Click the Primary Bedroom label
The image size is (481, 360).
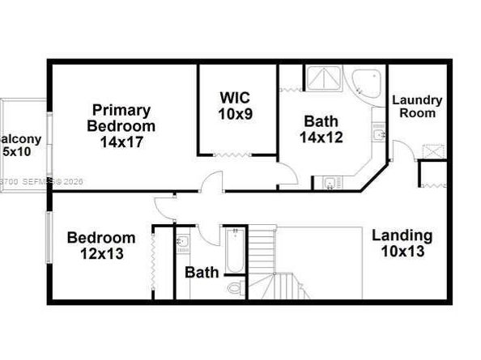click(x=121, y=126)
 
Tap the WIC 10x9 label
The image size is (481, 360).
click(x=236, y=106)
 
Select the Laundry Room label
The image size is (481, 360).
click(x=417, y=106)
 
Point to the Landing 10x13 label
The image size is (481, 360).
click(x=402, y=243)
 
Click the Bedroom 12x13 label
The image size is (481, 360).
click(x=100, y=245)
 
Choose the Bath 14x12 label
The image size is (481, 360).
click(x=321, y=129)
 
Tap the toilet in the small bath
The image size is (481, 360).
click(x=235, y=288)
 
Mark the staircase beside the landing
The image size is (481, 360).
click(x=275, y=263)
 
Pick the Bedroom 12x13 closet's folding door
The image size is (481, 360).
click(x=152, y=263)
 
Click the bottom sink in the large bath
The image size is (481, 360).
click(x=330, y=182)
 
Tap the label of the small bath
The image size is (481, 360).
click(x=202, y=272)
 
